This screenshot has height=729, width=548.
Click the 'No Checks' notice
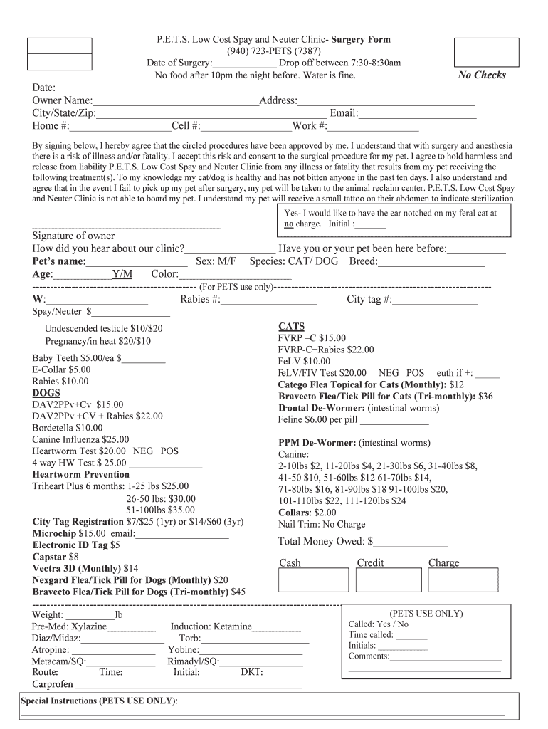[x=482, y=75]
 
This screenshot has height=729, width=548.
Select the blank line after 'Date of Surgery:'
[x=245, y=63]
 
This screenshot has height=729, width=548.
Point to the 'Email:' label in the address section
[x=344, y=113]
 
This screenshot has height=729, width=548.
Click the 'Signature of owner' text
[x=73, y=236]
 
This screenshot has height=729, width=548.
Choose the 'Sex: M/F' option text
[x=216, y=261]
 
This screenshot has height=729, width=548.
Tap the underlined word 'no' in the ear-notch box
[x=289, y=224]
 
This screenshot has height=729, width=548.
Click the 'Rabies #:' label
[x=200, y=300]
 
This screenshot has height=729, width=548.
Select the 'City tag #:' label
[x=369, y=300]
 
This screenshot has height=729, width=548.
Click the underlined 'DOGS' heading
[x=46, y=393]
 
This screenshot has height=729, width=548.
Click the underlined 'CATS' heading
[x=291, y=326]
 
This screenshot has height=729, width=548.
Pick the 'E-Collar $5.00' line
[x=61, y=369]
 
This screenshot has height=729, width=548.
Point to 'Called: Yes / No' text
[x=379, y=624]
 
